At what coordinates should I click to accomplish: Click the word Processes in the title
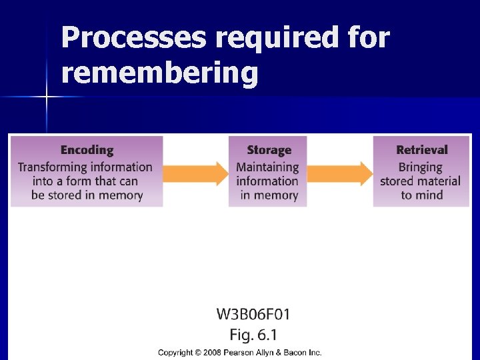click(x=133, y=38)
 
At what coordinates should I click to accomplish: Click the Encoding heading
click(x=87, y=151)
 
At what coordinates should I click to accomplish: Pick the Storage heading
click(x=269, y=151)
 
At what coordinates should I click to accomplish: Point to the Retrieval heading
click(x=421, y=151)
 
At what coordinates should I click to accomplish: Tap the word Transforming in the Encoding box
click(x=51, y=167)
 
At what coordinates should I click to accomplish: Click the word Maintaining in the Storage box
click(x=267, y=167)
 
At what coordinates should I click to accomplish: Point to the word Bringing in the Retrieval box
click(x=420, y=167)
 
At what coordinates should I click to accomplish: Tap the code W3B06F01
click(x=253, y=314)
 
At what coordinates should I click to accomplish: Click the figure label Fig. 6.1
click(x=253, y=333)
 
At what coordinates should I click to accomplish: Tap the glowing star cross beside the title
click(x=47, y=97)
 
